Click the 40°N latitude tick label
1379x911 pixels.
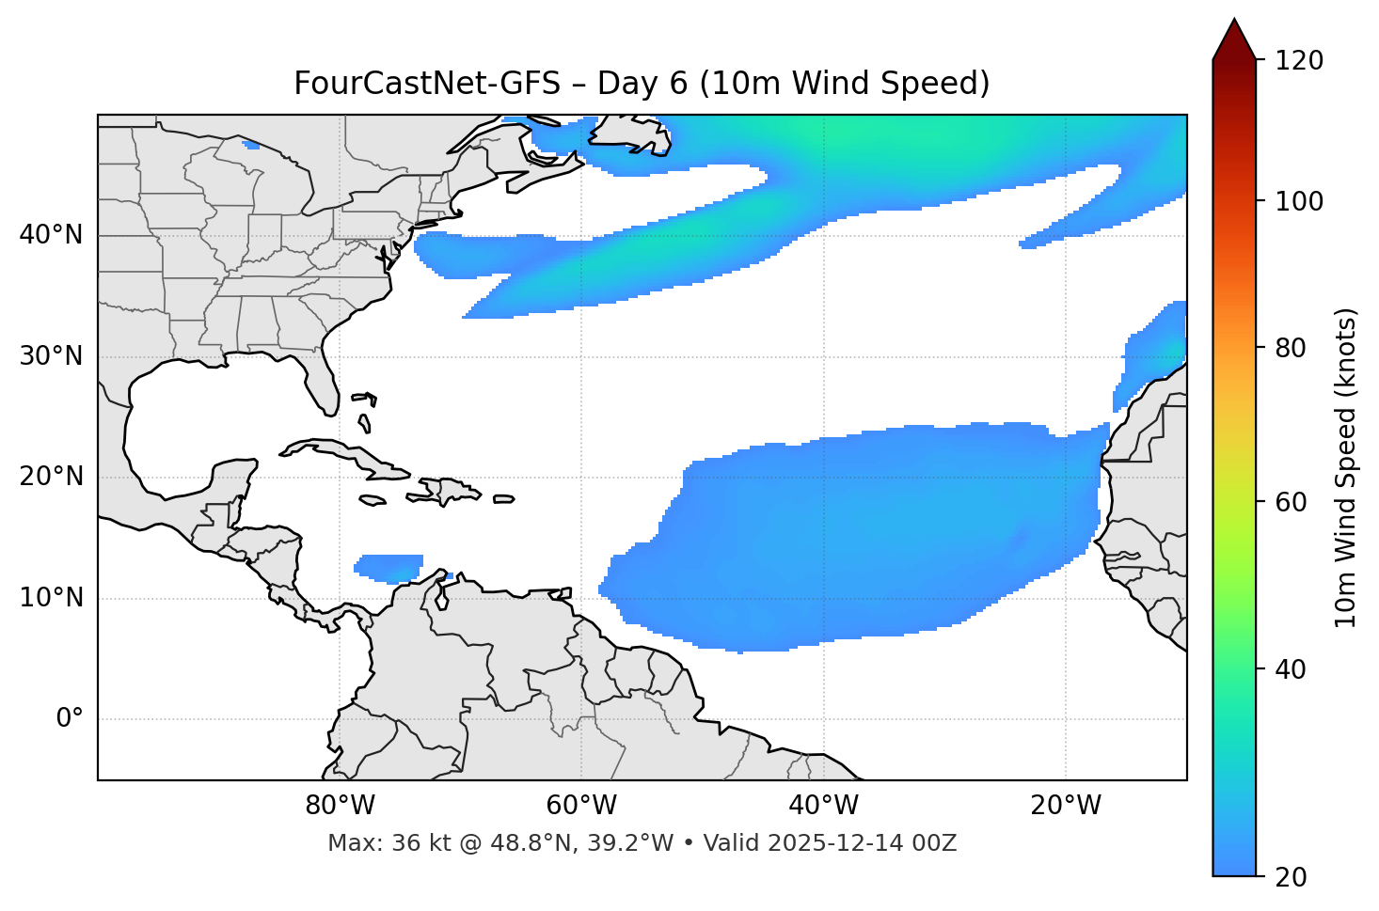pos(51,235)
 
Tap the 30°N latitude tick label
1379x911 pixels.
pos(51,356)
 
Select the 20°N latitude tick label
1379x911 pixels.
pos(51,477)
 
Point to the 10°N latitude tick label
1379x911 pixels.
pos(51,598)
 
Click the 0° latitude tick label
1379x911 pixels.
pos(70,719)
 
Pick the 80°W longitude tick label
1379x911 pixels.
pos(340,806)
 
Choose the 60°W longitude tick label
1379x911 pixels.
pos(581,806)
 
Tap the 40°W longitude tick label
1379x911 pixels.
pos(823,806)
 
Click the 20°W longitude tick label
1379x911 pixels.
pos(1065,806)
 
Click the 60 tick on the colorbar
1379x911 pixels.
pos(1292,502)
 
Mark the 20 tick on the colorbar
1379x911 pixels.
pos(1292,877)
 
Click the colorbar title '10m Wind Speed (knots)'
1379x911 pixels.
pos(1346,468)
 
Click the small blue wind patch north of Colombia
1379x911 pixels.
pos(388,567)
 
